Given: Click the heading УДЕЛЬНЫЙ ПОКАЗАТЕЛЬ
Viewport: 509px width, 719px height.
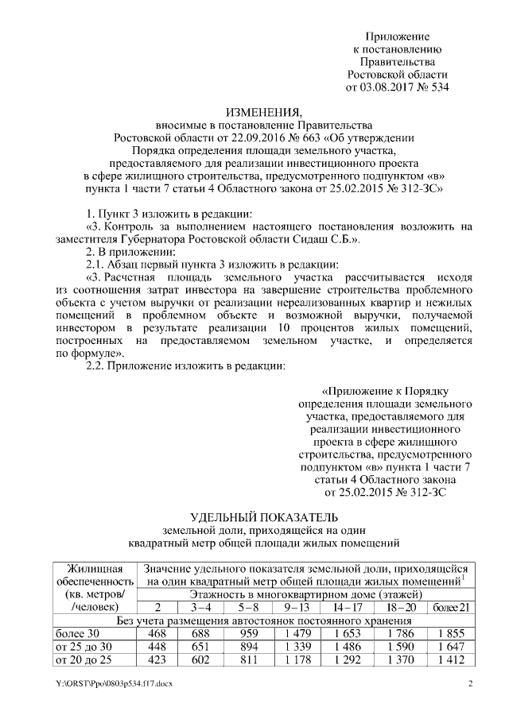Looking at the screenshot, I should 254,517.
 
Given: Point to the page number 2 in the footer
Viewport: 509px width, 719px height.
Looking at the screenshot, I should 470,684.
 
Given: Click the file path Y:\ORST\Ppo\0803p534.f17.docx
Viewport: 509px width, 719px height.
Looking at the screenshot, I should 115,684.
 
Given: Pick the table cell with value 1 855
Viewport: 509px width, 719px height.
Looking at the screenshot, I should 450,633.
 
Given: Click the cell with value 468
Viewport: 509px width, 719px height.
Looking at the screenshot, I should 157,633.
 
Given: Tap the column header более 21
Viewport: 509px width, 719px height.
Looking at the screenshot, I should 450,608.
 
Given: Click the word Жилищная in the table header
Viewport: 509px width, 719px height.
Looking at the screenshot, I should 95,568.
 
